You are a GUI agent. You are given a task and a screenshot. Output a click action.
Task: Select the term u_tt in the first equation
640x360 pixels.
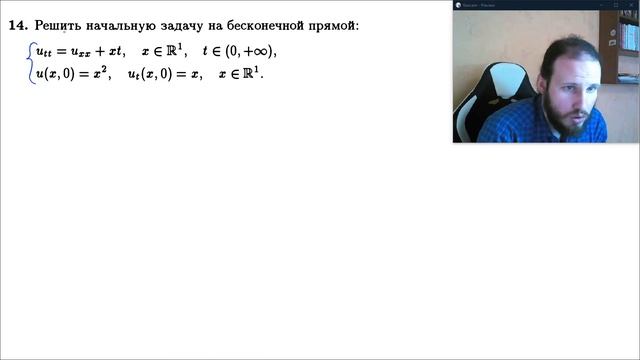[x=45, y=52]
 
